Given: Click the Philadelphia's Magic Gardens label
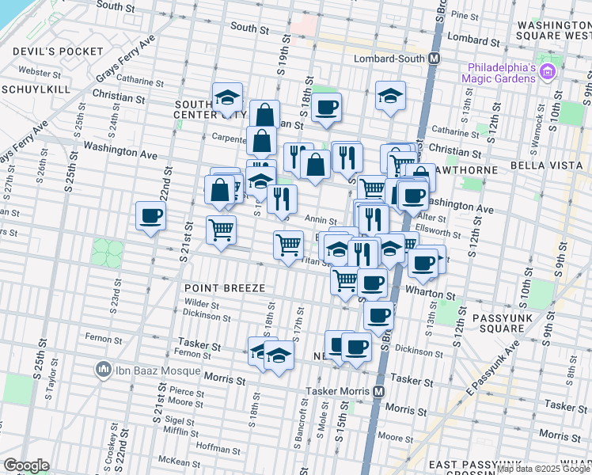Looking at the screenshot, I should [x=501, y=72].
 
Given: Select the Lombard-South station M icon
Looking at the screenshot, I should [x=434, y=59].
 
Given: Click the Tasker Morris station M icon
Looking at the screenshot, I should [x=379, y=391].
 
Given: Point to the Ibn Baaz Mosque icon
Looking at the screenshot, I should [x=102, y=368].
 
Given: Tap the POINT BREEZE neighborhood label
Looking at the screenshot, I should [x=225, y=288].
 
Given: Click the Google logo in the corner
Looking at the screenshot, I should [x=27, y=465].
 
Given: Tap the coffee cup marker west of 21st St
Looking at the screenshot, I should [x=150, y=216].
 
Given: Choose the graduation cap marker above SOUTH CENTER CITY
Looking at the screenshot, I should [x=227, y=97].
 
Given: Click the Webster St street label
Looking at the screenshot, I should [x=34, y=71].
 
